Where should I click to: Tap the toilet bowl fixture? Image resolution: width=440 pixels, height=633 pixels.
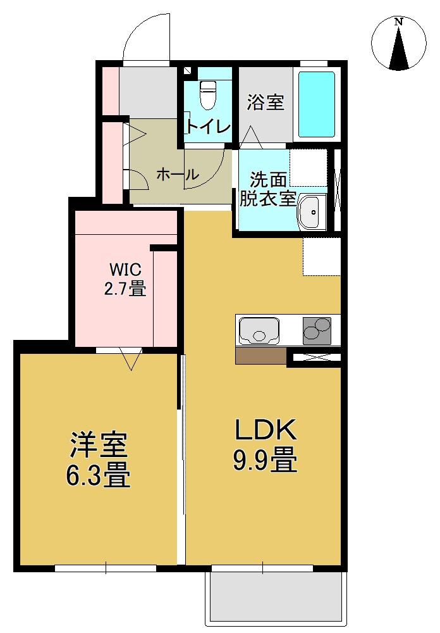click(x=207, y=95)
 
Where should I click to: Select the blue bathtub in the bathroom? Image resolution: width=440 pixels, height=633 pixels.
click(x=316, y=104)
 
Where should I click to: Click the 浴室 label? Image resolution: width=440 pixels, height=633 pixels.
click(x=266, y=101)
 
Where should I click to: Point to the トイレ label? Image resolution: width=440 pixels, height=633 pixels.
click(x=207, y=127)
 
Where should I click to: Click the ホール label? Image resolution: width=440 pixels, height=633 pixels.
click(x=177, y=174)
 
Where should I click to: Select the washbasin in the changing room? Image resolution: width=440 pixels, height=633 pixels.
click(x=311, y=212)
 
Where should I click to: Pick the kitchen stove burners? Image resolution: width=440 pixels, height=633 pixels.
click(x=317, y=330)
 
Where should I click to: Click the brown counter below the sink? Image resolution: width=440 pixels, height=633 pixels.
click(x=261, y=356)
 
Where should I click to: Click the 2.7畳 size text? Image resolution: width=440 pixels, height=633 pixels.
click(x=125, y=289)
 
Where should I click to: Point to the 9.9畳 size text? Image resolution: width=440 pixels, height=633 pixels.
click(x=266, y=461)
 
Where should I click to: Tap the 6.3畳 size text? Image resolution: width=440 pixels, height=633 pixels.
click(x=99, y=476)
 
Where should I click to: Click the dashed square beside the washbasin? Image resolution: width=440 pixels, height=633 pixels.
click(x=308, y=168)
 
